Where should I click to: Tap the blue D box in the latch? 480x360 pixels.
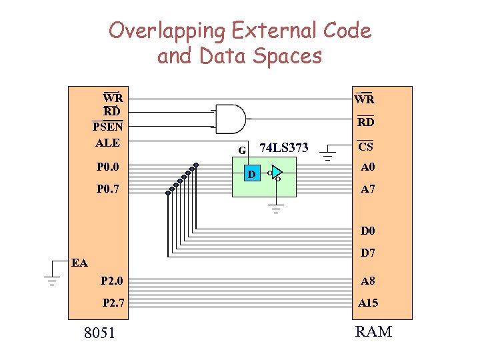[x=251, y=175]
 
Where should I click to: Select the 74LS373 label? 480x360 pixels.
[x=283, y=147]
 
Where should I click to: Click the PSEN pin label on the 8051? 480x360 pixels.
[x=107, y=127]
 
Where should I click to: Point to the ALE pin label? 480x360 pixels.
[x=107, y=143]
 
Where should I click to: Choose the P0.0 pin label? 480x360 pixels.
[x=107, y=167]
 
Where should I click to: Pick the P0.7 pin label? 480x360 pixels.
[x=107, y=189]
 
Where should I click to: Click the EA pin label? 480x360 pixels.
[x=79, y=263]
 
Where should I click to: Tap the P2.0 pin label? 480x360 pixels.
[x=112, y=281]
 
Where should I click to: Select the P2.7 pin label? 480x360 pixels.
[x=112, y=303]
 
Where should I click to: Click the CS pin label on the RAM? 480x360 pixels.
[x=365, y=147]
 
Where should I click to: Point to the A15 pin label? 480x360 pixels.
[x=367, y=303]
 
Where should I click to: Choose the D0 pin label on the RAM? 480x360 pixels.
[x=367, y=231]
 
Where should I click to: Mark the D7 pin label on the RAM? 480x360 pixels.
[x=367, y=253]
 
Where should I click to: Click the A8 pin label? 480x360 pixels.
[x=367, y=281]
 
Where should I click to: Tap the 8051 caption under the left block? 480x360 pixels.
[x=99, y=332]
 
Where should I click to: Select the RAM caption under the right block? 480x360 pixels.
[x=373, y=331]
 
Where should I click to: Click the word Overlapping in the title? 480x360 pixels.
[x=167, y=31]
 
